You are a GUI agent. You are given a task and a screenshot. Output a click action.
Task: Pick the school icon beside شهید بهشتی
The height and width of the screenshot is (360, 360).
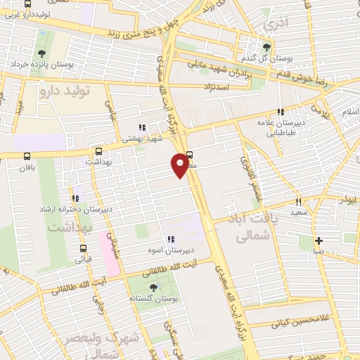tap(141, 127)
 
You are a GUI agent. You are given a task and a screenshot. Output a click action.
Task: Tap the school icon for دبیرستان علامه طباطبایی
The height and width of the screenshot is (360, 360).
tap(281, 112)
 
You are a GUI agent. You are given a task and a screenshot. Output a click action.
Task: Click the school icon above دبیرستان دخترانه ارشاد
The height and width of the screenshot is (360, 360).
tap(75, 198)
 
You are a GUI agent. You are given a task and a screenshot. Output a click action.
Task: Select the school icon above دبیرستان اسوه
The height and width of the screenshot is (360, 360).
tap(169, 239)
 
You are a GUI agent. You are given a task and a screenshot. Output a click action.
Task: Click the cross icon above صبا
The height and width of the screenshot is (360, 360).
tap(319, 240)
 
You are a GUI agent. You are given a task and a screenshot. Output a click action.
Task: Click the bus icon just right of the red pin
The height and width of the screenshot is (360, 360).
tap(190, 156)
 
